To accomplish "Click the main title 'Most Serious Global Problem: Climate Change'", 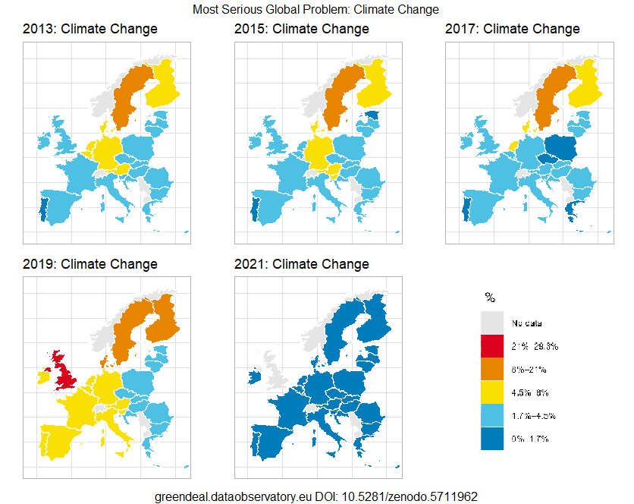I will click(x=316, y=10).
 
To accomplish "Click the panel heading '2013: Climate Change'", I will click(x=90, y=30).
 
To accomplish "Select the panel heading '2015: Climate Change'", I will click(x=302, y=30).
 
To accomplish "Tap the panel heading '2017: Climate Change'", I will click(x=513, y=30).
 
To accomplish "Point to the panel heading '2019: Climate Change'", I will click(x=90, y=265).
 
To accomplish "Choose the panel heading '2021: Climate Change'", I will click(x=302, y=265).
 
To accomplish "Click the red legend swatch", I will click(x=492, y=346).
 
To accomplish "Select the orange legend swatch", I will click(x=492, y=370).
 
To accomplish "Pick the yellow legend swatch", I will click(x=492, y=392).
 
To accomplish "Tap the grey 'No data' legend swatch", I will click(x=492, y=323).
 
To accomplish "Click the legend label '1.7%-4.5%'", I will click(x=535, y=416).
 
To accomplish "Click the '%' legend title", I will click(x=489, y=297).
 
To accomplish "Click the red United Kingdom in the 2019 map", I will click(x=68, y=373).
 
